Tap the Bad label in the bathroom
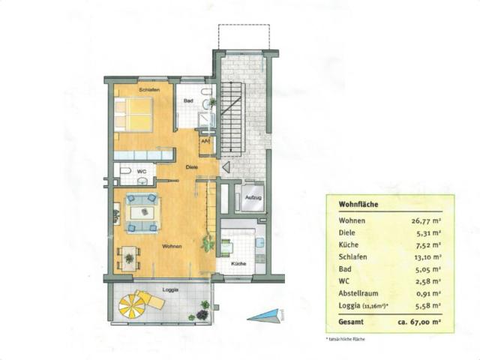click(189, 100)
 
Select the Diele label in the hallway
click(192, 167)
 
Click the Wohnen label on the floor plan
click(171, 246)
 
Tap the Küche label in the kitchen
click(238, 264)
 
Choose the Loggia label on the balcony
click(171, 289)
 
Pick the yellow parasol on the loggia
click(133, 304)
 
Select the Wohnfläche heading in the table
click(358, 203)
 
